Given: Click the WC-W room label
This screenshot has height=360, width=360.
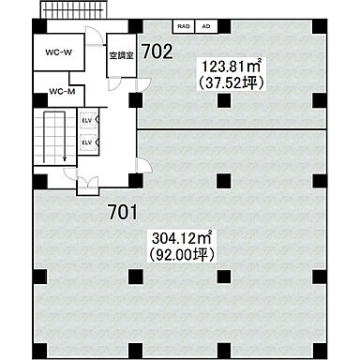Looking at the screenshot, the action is tap(58, 52).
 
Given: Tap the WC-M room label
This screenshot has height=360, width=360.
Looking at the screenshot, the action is tap(62, 92).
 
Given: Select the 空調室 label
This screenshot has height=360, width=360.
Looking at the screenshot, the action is tap(122, 55).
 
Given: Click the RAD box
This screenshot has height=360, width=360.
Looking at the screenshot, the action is tap(184, 26).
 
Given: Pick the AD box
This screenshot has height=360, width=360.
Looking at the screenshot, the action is tap(206, 26).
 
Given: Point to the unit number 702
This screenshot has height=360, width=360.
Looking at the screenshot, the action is tap(157, 52).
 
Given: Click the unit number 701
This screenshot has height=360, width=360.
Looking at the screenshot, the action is tap(123, 212).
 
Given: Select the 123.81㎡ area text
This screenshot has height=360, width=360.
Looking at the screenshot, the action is tap(232, 67).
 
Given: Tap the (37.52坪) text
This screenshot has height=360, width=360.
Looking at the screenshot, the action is tap(232, 82).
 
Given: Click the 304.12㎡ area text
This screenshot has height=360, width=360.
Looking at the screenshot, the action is tap(181, 238).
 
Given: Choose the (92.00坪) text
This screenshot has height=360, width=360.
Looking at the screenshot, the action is tap(181, 255).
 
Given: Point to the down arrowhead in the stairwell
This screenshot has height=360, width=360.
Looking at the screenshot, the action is tap(65, 158).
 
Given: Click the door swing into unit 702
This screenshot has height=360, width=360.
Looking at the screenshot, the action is tap(143, 84).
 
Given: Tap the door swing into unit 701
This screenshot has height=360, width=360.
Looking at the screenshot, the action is tap(144, 165).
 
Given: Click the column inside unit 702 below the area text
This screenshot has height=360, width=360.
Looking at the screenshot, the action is tap(224, 100).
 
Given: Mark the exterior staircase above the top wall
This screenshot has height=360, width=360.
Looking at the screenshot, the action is tap(74, 10).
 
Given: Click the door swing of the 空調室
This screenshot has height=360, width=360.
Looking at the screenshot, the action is tap(114, 83).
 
